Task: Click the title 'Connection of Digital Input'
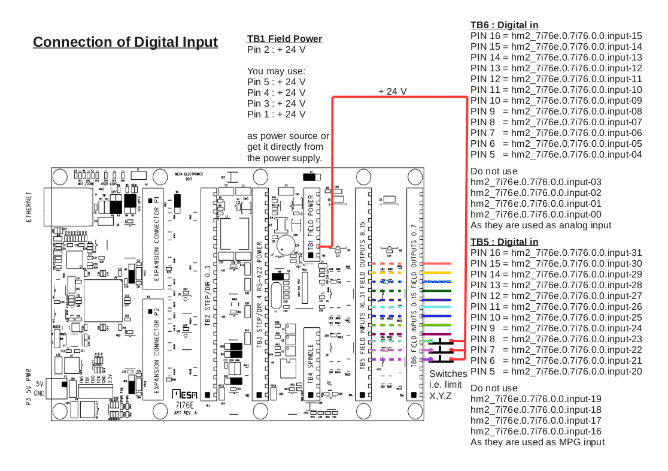pyautogui.click(x=125, y=42)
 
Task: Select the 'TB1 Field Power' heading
pyautogui.click(x=284, y=39)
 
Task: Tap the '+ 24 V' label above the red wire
pyautogui.click(x=392, y=91)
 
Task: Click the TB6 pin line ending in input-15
pyautogui.click(x=556, y=36)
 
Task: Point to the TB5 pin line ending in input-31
pyautogui.click(x=556, y=253)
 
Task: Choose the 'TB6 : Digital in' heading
pyautogui.click(x=504, y=25)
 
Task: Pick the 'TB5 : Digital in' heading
pyautogui.click(x=504, y=241)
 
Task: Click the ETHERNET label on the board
pyautogui.click(x=29, y=207)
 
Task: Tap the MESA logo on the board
pyautogui.click(x=185, y=394)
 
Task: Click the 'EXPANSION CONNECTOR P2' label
pyautogui.click(x=156, y=348)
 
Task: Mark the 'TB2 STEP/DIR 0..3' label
pyautogui.click(x=208, y=294)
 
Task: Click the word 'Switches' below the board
pyautogui.click(x=448, y=373)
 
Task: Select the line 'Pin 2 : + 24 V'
pyautogui.click(x=276, y=50)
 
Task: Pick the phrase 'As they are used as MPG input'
pyautogui.click(x=538, y=442)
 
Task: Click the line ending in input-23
pyautogui.click(x=556, y=339)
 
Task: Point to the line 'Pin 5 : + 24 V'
pyautogui.click(x=276, y=81)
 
